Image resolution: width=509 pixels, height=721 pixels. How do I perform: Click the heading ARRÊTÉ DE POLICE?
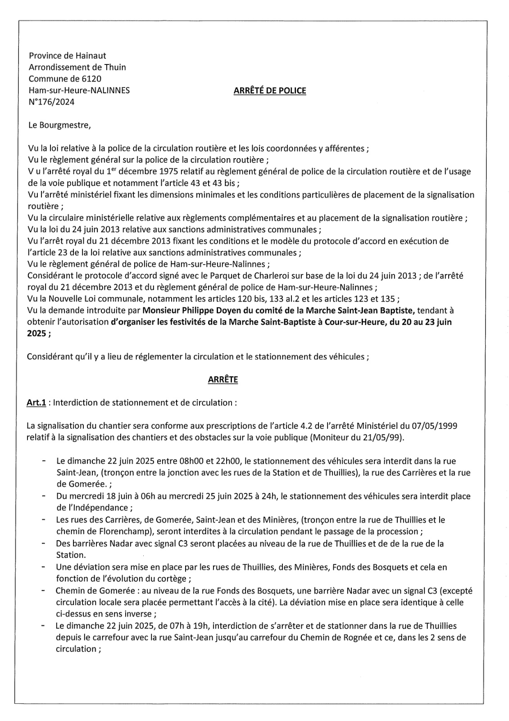point(270,91)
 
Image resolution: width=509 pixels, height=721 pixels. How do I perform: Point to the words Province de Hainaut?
point(68,56)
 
